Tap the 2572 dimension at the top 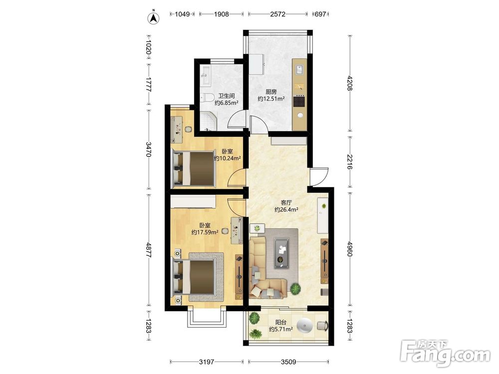(278, 14)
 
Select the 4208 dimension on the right (350, 83)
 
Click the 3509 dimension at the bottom (288, 362)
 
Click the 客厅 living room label (286, 202)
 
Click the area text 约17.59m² (205, 232)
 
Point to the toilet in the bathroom (208, 97)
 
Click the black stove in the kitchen (299, 101)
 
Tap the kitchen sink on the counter (299, 69)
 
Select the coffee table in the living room (281, 253)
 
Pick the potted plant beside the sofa (295, 289)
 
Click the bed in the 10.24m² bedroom (193, 168)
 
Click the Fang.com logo (446, 354)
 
